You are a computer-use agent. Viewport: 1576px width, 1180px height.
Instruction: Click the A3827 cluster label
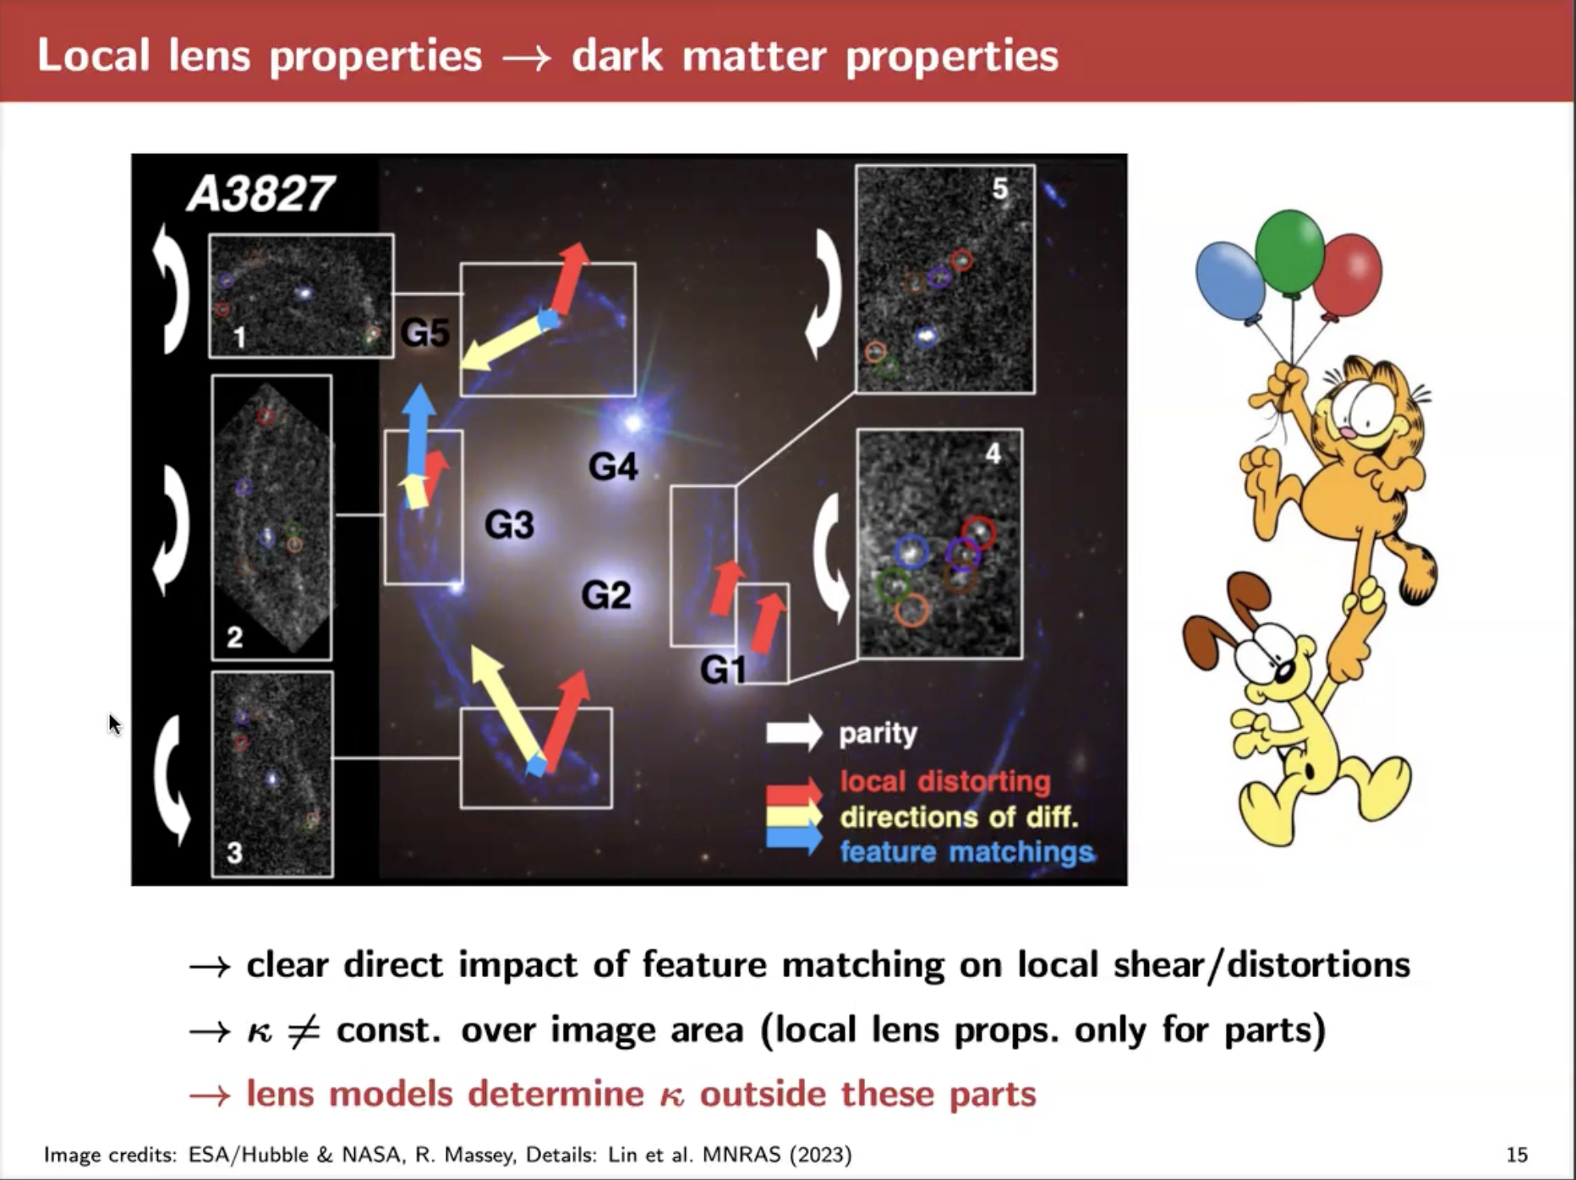coord(260,194)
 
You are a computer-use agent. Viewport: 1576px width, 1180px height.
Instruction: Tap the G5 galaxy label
coord(425,332)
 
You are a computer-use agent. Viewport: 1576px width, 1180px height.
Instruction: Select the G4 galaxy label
coord(613,466)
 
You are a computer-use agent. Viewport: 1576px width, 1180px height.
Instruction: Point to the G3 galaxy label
coord(510,524)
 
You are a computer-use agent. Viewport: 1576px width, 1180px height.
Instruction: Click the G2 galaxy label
coord(606,594)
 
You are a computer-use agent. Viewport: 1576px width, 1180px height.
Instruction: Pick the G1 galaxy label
coord(724,670)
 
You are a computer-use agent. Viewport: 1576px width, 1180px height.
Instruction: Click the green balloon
coord(1289,254)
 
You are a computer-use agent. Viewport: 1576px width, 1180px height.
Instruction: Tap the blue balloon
coord(1230,282)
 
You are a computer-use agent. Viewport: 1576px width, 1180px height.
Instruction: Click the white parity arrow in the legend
coord(794,733)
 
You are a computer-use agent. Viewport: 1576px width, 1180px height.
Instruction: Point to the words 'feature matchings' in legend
coord(966,852)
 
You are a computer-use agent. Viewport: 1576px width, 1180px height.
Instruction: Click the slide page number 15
coord(1517,1155)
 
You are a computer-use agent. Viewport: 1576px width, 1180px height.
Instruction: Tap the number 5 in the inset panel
coord(1000,188)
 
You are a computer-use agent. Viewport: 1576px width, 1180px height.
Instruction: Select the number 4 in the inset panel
coord(993,454)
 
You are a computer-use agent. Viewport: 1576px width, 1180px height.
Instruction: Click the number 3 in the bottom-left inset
coord(234,853)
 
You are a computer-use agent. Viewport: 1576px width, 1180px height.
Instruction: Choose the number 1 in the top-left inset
coord(239,338)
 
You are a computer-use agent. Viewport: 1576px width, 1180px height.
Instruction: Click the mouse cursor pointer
coord(115,724)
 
